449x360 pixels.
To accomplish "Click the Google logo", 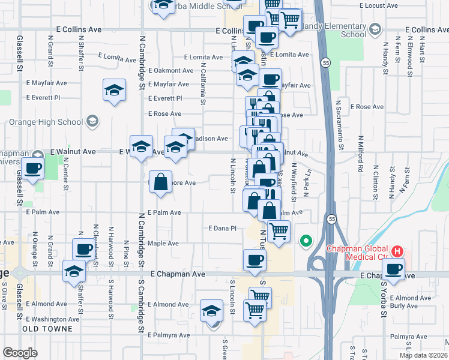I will coord(20,353).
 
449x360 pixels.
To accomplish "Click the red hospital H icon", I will coord(396,250).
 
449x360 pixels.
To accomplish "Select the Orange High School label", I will coord(46,122).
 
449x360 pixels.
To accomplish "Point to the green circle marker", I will coord(306,242).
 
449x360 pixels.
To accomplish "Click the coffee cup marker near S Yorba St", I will coord(393,269).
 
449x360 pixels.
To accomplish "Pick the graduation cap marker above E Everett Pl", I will coord(114,91).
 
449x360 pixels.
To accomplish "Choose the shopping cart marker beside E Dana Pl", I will coord(279,231).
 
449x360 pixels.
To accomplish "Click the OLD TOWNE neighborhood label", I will coord(47,329).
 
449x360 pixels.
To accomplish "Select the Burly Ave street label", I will coord(402,306).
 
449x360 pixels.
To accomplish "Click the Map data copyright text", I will coord(423,355).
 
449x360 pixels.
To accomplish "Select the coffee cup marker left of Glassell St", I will coord(33,169).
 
